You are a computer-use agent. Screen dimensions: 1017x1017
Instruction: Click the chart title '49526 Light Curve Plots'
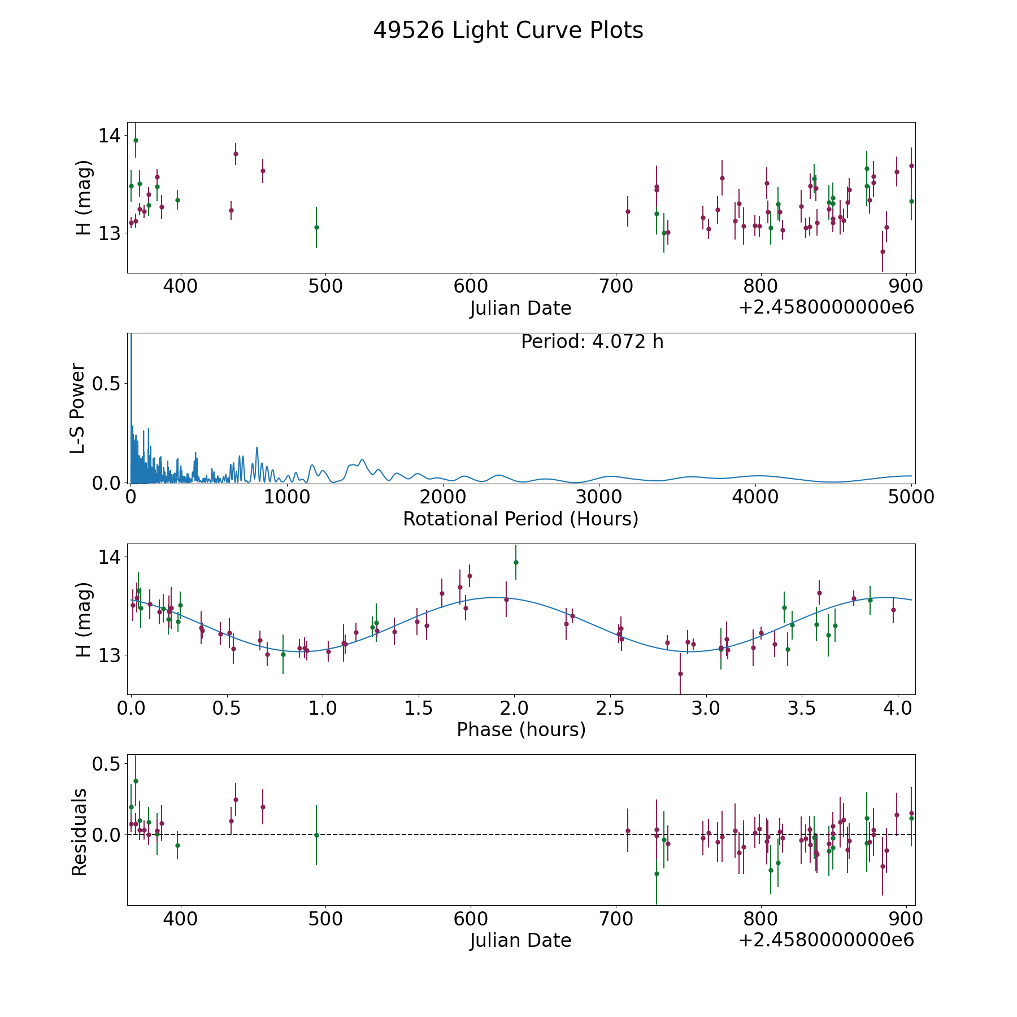point(508,31)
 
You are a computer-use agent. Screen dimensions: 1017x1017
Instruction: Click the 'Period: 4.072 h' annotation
point(592,342)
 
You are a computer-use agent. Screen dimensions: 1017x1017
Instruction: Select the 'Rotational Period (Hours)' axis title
point(520,519)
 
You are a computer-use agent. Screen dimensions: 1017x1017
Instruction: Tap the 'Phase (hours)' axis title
point(521,729)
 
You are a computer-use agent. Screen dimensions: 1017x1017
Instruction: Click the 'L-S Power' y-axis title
point(78,408)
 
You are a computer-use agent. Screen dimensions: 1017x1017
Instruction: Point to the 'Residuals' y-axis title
point(79,832)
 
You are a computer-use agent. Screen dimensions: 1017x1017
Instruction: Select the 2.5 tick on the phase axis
point(610,708)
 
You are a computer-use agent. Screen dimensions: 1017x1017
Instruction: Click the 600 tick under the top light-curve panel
point(471,286)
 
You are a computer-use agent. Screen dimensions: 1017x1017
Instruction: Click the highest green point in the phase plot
point(516,562)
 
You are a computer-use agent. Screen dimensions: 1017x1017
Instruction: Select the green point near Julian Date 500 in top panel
point(316,227)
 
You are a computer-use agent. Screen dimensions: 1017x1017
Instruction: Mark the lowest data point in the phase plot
point(680,673)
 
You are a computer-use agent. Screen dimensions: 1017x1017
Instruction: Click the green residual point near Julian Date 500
point(316,835)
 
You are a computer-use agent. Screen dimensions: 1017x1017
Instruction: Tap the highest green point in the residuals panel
point(136,781)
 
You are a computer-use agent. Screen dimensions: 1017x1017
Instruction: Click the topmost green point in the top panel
point(136,140)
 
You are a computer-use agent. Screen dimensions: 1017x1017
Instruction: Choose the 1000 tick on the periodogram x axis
point(287,497)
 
